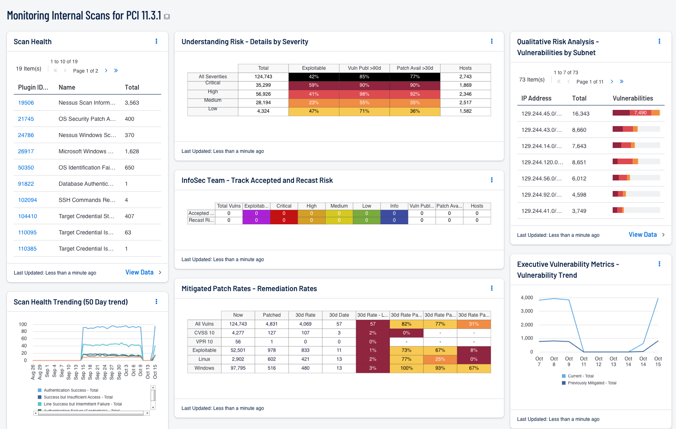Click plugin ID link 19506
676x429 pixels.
(26, 103)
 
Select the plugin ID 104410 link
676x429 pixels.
(27, 216)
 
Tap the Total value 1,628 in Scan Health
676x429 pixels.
(132, 151)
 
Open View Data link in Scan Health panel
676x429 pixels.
(139, 272)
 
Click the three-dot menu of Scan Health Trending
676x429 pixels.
(156, 302)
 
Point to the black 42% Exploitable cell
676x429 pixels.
(313, 77)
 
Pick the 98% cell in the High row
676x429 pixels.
(364, 94)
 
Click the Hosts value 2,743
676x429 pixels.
(465, 77)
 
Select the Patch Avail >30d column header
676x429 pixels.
(415, 68)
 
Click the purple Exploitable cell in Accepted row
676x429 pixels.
(256, 213)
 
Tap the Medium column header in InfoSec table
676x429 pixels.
(339, 206)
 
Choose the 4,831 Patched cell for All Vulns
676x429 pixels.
(272, 324)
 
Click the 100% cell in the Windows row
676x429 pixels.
(406, 368)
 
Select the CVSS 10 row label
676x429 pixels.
(204, 333)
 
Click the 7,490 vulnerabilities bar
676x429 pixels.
(640, 113)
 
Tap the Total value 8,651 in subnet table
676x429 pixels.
(579, 162)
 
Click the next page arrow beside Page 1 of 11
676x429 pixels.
(612, 82)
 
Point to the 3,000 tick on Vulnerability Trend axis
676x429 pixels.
(527, 311)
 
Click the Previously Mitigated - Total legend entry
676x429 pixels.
(592, 383)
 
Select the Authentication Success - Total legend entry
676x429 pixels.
(71, 390)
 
